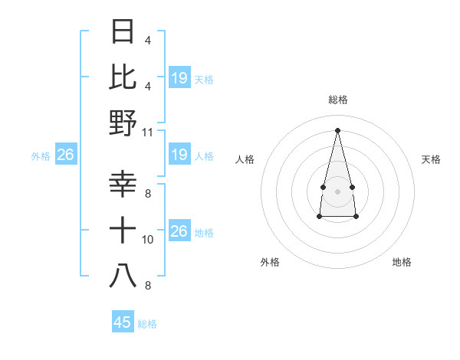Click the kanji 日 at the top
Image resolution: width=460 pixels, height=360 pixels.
[123, 31]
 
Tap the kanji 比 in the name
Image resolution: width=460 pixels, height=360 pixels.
[123, 77]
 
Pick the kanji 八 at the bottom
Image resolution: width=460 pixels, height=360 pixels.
[123, 275]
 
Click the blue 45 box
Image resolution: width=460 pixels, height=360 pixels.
[123, 322]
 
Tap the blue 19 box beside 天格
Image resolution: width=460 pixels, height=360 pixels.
[179, 78]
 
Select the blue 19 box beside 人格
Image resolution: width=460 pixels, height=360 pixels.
[179, 155]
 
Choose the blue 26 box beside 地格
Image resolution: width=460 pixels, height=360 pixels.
[179, 231]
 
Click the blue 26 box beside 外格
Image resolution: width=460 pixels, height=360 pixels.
[66, 155]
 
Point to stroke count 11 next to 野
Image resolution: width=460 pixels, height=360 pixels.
[148, 132]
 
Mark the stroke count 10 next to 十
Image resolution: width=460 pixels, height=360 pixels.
[148, 240]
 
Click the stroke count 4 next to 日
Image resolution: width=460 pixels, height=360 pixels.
[148, 41]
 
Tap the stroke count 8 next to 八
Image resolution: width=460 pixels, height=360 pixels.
[148, 286]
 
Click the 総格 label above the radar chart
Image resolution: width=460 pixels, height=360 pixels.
[337, 100]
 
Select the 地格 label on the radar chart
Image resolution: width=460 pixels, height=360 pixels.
[402, 263]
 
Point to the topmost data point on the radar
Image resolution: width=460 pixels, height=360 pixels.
[337, 130]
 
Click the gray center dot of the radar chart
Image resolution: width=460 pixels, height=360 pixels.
[337, 191]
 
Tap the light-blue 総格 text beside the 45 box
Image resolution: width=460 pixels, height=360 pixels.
[147, 324]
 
